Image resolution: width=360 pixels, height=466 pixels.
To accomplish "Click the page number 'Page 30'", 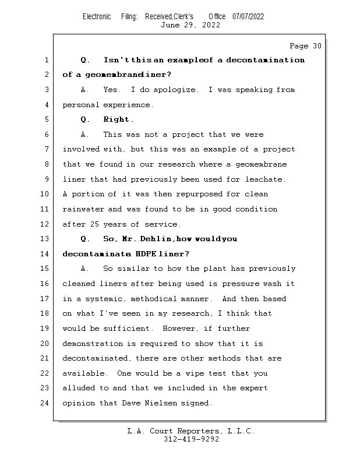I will click(x=305, y=45).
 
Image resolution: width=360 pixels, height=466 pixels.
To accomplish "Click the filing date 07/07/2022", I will click(x=248, y=16).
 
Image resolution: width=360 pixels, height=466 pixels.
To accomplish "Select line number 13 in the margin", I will click(x=46, y=239).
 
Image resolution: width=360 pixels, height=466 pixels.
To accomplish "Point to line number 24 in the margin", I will click(x=46, y=403).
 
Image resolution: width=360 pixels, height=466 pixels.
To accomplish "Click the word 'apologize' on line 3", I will click(x=175, y=90).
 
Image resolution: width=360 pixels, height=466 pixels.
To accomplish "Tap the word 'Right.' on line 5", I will click(x=119, y=119).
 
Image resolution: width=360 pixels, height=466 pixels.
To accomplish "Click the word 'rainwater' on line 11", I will click(x=83, y=209).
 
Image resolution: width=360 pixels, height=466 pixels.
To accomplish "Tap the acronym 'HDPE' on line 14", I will click(x=146, y=254).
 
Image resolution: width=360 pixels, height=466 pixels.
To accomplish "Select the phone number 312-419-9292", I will click(x=191, y=439).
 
